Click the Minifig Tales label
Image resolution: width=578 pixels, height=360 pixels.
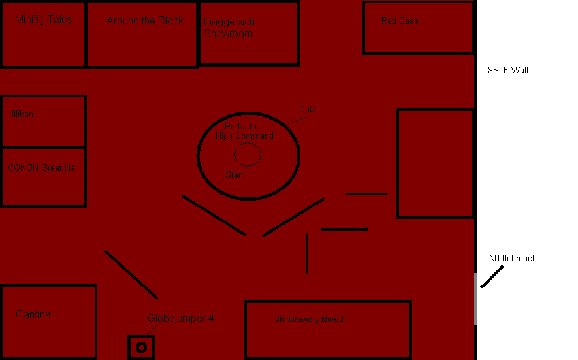point(43,20)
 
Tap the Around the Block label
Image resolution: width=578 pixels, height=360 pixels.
point(145,21)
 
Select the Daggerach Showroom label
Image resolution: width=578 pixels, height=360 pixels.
point(229,28)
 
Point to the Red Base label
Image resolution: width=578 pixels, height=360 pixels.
point(400,21)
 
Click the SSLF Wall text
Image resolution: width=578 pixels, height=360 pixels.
point(507,70)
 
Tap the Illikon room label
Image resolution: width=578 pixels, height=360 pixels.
point(22,114)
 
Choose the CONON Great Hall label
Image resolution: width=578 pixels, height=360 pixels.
point(43,168)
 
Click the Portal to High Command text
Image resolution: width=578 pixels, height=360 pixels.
point(244,131)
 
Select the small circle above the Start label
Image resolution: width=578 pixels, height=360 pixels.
point(248,155)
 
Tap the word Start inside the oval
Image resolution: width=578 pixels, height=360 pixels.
point(234,175)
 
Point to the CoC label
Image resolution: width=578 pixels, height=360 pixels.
point(307,110)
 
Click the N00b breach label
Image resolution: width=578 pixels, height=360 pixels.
point(513,259)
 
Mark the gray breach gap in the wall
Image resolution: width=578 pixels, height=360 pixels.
point(475,299)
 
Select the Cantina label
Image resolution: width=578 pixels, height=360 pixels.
point(33,315)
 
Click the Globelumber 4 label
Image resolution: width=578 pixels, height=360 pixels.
point(180,319)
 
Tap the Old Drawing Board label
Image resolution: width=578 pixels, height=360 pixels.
point(308,319)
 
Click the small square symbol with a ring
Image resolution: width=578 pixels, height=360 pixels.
point(140,348)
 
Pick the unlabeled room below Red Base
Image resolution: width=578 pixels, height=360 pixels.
point(435,163)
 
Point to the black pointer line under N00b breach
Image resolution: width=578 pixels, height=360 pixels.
point(492,276)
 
